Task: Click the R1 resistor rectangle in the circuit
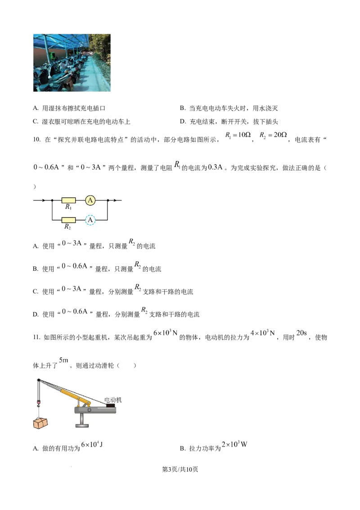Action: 68,200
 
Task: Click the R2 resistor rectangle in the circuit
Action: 68,220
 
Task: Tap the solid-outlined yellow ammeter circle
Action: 90,200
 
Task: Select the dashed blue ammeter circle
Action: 90,220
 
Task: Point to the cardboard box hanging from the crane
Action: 40,423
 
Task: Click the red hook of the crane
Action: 39,405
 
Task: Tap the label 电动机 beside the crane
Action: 113,400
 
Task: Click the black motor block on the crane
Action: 110,405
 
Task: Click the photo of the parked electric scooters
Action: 72,63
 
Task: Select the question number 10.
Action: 36,140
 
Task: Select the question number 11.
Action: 36,337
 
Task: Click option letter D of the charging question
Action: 183,122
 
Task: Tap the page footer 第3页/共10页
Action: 180,469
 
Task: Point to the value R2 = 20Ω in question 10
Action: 273,135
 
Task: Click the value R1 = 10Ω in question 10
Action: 238,135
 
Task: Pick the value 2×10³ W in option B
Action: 234,444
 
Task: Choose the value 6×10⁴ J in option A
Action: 92,445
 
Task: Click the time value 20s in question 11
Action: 301,333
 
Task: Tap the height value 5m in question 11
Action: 64,360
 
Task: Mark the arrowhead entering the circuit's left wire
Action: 44,200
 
